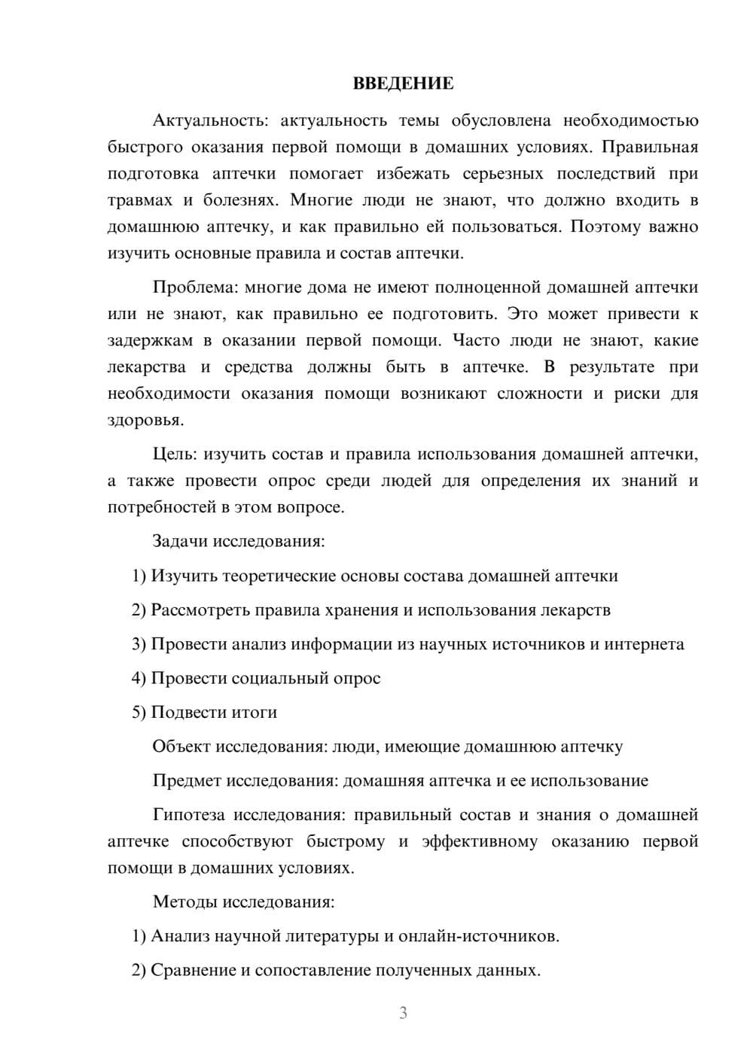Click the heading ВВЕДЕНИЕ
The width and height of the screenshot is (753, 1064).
coord(403,84)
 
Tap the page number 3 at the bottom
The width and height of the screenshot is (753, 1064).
coord(403,1013)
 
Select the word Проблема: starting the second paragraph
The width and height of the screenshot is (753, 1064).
coord(194,287)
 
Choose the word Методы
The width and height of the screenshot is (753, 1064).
coord(180,901)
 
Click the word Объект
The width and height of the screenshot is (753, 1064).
coord(181,746)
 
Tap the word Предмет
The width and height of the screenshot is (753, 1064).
coord(187,780)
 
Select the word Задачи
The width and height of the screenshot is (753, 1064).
coord(181,541)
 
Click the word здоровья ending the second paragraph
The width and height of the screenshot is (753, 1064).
coord(145,421)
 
